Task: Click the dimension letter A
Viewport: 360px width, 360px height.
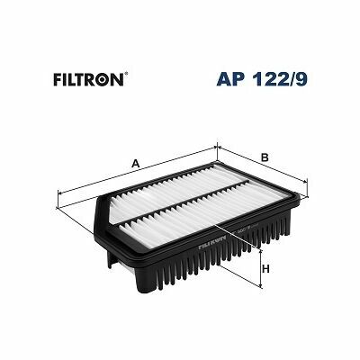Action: pos(134,163)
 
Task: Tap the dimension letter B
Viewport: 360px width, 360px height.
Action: pos(265,159)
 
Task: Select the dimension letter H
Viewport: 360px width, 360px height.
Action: pos(265,268)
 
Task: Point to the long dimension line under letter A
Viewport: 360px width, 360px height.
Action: pos(135,171)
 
